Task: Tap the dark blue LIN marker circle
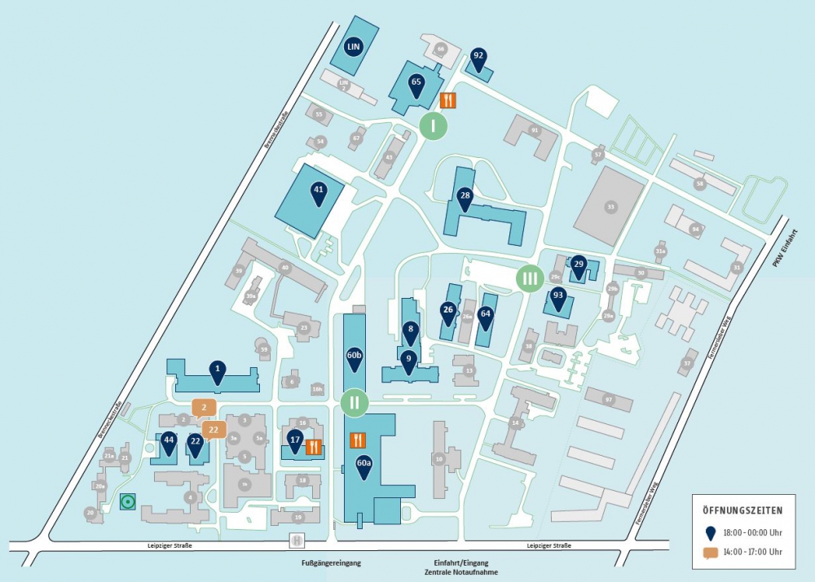coord(353,46)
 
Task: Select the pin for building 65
coord(416,83)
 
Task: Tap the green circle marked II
coord(355,402)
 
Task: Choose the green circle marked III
coord(530,278)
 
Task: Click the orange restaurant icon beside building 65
coord(448,100)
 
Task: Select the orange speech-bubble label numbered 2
coord(204,408)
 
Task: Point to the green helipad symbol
coord(127,501)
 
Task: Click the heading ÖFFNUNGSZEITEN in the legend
coord(742,510)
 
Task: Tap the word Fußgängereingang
coord(330,562)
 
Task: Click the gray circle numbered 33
coord(610,207)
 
